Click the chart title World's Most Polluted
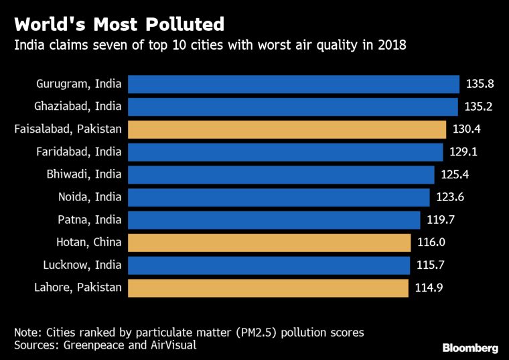[119, 25]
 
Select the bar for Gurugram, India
[293, 84]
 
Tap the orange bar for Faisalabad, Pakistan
[287, 129]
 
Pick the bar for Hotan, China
[269, 243]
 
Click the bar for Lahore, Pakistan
[268, 288]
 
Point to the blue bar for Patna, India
[273, 220]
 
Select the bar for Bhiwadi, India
[281, 175]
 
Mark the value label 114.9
[428, 288]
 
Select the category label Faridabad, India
[79, 152]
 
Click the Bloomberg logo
[470, 348]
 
